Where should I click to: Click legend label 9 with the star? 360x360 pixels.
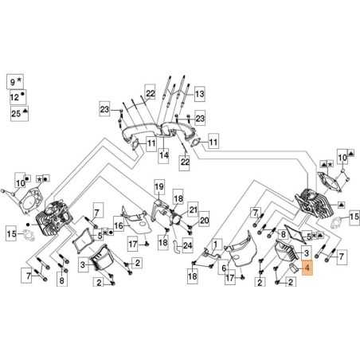[13, 81]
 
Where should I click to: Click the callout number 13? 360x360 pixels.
[198, 93]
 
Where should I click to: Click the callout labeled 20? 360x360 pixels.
[203, 221]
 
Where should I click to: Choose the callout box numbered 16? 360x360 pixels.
[118, 226]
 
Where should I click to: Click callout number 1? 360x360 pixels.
[216, 245]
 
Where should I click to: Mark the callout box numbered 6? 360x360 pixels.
[224, 269]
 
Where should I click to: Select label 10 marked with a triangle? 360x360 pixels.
[343, 159]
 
